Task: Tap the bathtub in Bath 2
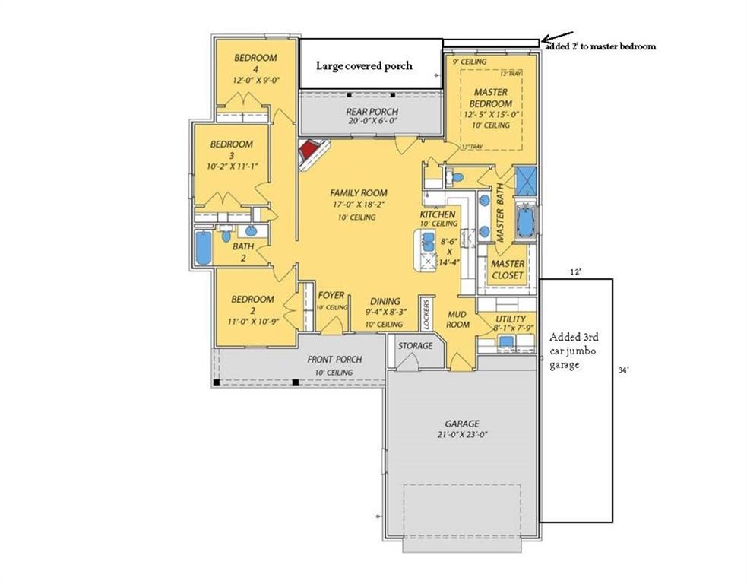(203, 247)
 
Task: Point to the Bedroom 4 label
(255, 63)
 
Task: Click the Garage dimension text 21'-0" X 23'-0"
(462, 434)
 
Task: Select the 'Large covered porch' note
(364, 66)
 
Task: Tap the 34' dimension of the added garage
(624, 370)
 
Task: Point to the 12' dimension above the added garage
(575, 271)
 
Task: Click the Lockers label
(426, 314)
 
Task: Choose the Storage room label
(416, 346)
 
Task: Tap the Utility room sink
(506, 341)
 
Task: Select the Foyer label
(331, 296)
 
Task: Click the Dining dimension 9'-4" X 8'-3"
(385, 313)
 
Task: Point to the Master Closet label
(508, 269)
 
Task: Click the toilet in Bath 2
(226, 234)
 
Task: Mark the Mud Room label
(457, 319)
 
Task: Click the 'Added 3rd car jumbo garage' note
(574, 351)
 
